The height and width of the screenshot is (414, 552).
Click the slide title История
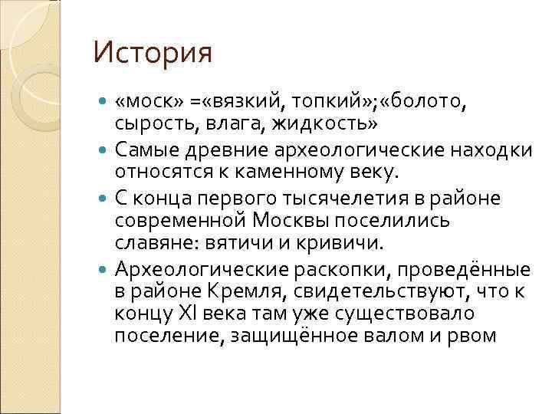tap(152, 54)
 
